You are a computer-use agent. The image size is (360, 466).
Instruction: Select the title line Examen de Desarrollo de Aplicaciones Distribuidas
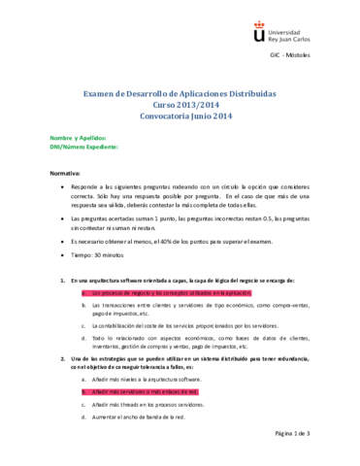[x=180, y=94]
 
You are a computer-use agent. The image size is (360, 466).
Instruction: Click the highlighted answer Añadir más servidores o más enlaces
[x=146, y=392]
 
